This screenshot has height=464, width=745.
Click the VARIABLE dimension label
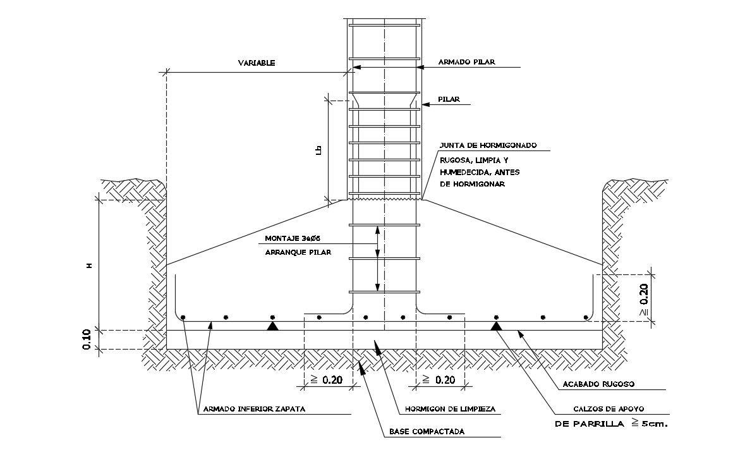click(x=257, y=63)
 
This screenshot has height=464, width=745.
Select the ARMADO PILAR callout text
click(x=466, y=62)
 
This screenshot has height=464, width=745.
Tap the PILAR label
click(x=449, y=99)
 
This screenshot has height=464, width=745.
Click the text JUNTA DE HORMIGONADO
click(x=488, y=145)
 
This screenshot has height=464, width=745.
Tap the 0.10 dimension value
click(x=87, y=339)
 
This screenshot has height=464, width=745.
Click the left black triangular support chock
click(x=272, y=326)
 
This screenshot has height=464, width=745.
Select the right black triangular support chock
click(x=497, y=326)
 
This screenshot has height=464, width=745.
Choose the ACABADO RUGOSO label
click(x=598, y=384)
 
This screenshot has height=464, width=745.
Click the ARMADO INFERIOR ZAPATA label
click(x=254, y=409)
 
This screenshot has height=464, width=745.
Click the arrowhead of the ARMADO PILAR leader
click(x=355, y=66)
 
